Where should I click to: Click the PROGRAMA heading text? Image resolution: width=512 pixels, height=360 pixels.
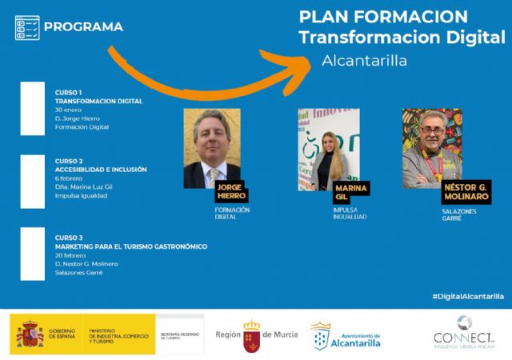[83, 27]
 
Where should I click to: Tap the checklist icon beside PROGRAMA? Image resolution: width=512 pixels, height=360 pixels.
[27, 27]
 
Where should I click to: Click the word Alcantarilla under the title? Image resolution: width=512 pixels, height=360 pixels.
[364, 61]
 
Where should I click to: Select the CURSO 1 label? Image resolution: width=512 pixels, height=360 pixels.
[69, 93]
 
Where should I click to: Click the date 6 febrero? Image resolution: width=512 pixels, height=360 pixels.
[69, 178]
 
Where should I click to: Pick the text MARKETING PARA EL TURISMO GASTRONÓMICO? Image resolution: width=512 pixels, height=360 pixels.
[130, 246]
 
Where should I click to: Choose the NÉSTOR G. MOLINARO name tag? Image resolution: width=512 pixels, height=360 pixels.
[466, 191]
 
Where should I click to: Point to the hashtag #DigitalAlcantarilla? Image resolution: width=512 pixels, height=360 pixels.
[468, 296]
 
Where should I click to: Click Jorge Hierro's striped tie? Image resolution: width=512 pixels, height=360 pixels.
[213, 176]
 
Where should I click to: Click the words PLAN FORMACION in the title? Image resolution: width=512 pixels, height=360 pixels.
[382, 17]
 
